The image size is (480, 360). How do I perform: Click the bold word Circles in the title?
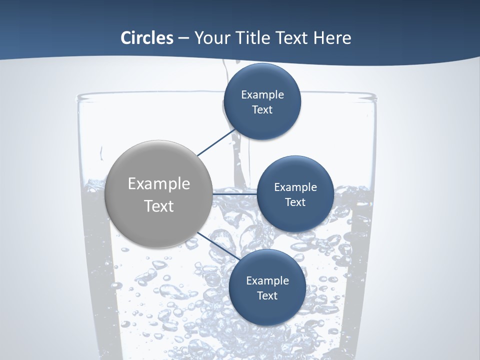[146, 38]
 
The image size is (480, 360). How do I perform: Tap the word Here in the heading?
[332, 38]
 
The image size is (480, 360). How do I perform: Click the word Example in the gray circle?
[159, 184]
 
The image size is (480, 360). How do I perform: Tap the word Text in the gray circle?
[159, 206]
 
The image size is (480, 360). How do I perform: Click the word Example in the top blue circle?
[262, 95]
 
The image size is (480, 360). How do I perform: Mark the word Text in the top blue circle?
[262, 110]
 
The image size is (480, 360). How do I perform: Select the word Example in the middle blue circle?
[295, 187]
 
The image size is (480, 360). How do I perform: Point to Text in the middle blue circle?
[295, 202]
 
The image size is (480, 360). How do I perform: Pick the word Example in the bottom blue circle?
[267, 281]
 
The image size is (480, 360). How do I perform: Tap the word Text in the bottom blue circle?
[267, 296]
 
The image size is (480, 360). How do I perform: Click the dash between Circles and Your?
[183, 38]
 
